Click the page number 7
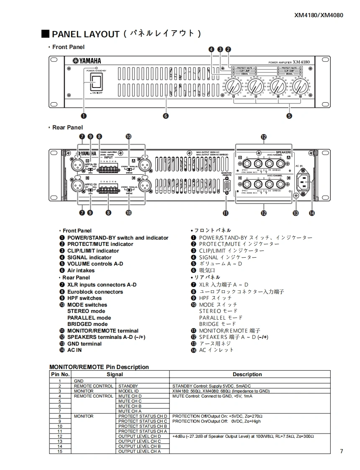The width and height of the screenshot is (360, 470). (341, 451)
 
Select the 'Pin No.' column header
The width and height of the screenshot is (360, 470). (60, 374)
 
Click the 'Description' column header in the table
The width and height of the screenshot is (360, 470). (247, 374)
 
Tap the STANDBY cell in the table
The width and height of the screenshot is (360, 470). (128, 386)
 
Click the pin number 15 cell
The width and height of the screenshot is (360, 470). (60, 451)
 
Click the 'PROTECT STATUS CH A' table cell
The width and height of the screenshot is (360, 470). (142, 431)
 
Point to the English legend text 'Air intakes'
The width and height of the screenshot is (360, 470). (81, 271)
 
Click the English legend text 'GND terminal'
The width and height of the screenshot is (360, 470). (84, 344)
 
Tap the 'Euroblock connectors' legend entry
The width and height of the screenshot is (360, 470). (95, 292)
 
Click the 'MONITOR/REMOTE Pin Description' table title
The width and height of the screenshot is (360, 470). (99, 367)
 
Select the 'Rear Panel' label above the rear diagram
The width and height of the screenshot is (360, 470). (67, 127)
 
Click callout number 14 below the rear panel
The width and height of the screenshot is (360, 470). (311, 213)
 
